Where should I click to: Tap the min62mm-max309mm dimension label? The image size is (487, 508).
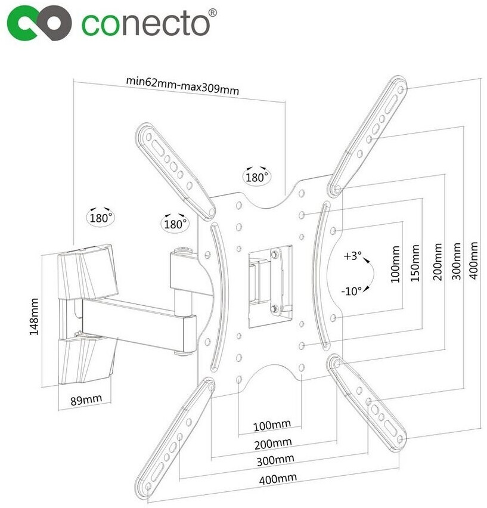(182, 85)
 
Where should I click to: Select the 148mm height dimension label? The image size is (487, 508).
(34, 317)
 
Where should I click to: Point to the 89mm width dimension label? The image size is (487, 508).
(86, 400)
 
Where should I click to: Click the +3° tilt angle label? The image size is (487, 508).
(352, 256)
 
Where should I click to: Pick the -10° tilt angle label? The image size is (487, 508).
(351, 291)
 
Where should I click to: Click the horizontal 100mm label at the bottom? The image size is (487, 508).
(272, 425)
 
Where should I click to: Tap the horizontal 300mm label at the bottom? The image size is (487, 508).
(275, 460)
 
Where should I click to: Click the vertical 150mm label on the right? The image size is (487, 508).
(415, 263)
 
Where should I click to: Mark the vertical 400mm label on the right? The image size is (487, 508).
(473, 260)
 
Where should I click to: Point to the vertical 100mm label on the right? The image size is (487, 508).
(395, 264)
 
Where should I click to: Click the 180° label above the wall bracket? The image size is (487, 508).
(101, 218)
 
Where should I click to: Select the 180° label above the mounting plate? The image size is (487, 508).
(257, 177)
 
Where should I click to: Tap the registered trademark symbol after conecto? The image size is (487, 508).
(212, 13)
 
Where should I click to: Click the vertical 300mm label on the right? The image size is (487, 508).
(456, 261)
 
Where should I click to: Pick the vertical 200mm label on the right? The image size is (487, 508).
(438, 262)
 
